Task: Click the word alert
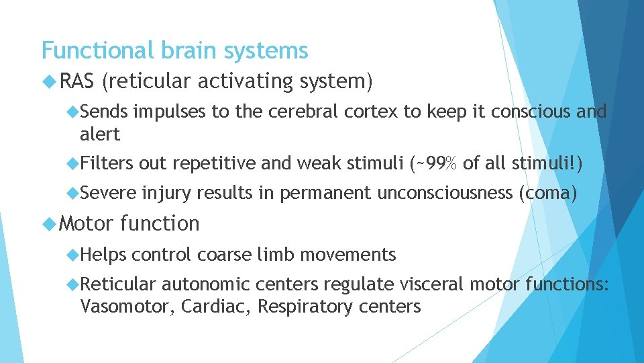tap(100, 134)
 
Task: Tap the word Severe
tap(108, 194)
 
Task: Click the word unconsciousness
tap(445, 194)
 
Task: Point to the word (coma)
tap(548, 194)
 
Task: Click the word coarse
tap(223, 255)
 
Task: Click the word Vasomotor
tap(123, 307)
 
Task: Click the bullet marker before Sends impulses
tap(73, 112)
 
